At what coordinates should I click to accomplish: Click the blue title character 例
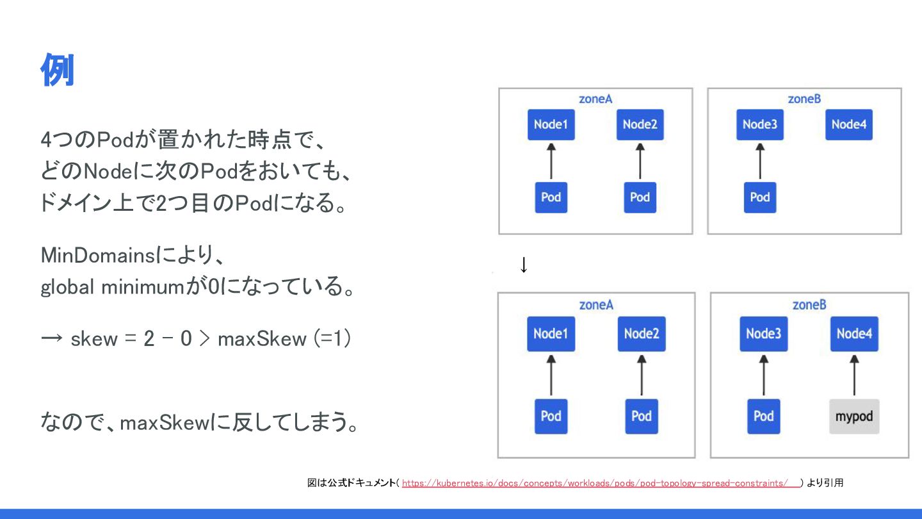[x=58, y=70]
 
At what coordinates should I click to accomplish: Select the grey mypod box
[x=854, y=416]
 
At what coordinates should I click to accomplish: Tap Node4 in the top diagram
[x=849, y=124]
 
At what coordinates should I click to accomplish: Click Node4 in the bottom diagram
[x=854, y=334]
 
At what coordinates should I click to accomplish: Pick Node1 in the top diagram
[x=551, y=124]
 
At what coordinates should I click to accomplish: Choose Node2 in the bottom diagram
[x=641, y=334]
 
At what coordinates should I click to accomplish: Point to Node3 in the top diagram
[x=759, y=124]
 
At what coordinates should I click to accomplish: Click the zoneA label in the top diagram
[x=595, y=99]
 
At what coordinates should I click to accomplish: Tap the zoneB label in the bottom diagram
[x=809, y=304]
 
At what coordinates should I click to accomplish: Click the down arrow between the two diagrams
[x=524, y=265]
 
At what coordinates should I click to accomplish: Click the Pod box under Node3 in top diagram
[x=759, y=197]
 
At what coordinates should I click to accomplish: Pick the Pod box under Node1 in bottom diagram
[x=551, y=416]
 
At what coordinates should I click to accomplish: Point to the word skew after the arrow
[x=94, y=338]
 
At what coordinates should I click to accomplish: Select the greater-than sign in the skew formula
[x=204, y=338]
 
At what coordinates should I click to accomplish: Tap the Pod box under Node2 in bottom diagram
[x=641, y=416]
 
